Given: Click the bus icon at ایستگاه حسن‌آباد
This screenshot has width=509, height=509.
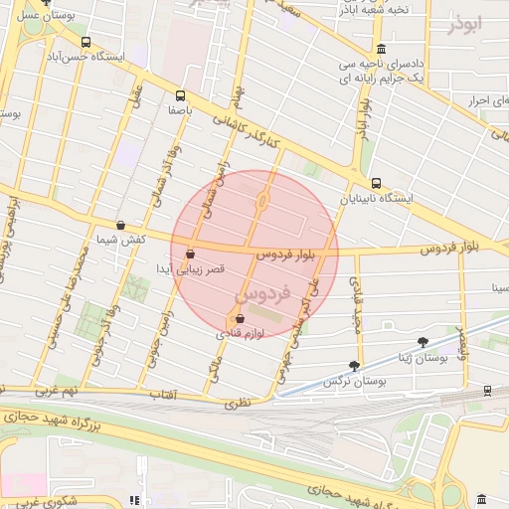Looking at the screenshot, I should (x=86, y=43).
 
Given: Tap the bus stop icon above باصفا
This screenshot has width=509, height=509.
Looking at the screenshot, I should (x=180, y=97).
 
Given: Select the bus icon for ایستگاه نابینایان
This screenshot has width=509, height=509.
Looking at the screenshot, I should (x=376, y=183).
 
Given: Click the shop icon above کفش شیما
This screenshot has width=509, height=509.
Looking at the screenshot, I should (x=120, y=226).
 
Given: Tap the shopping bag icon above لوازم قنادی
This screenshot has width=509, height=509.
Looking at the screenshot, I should (x=239, y=319).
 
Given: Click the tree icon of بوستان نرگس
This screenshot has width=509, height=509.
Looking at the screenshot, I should (x=354, y=366).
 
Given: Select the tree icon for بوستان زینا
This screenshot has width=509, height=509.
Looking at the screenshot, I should (x=423, y=341).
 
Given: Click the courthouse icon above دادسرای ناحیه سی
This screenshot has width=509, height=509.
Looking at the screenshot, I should (x=382, y=49).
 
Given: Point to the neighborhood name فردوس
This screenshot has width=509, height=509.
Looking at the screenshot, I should (x=263, y=295).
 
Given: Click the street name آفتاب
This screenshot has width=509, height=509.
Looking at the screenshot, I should (x=160, y=397).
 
